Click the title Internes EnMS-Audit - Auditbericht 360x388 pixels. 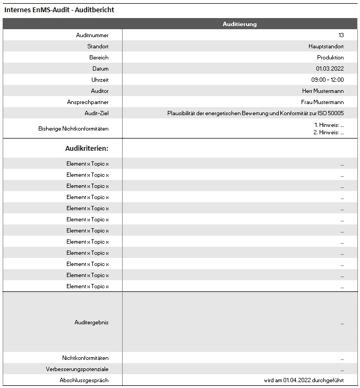point(59,10)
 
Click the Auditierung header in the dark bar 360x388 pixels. point(239,24)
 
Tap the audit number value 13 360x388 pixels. point(341,35)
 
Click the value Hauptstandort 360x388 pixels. point(327,46)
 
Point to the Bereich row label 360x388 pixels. point(99,57)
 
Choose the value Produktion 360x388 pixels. point(330,57)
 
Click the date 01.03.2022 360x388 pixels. point(330,68)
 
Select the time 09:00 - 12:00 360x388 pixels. point(328,80)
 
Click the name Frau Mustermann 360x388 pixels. point(323,102)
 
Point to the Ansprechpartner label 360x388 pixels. point(88,102)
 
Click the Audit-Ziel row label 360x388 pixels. point(96,113)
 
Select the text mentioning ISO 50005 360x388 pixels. point(255,113)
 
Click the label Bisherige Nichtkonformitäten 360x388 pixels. point(73,128)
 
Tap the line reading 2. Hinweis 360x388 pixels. point(329,133)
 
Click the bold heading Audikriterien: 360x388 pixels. point(87,148)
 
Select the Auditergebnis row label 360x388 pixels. point(91,322)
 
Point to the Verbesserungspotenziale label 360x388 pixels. point(77,369)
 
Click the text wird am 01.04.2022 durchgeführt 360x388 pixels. point(304,380)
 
